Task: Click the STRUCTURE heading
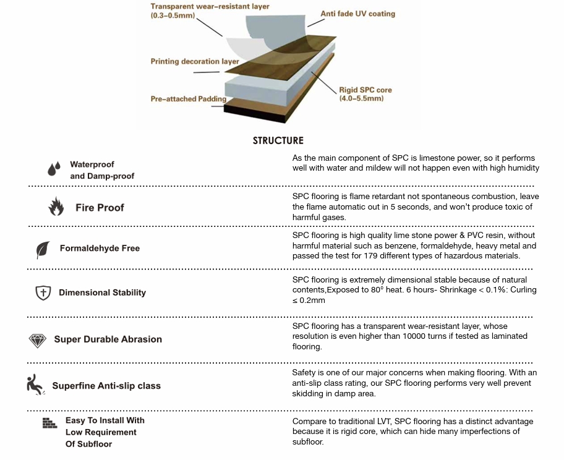click(x=278, y=141)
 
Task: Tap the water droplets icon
click(x=54, y=168)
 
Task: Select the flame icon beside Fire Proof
click(x=56, y=207)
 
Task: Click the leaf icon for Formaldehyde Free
click(x=43, y=249)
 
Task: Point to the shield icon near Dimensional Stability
click(x=43, y=292)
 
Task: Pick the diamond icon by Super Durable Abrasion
click(x=38, y=340)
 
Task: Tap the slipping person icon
click(x=35, y=384)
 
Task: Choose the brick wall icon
click(x=49, y=423)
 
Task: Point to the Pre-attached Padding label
click(x=189, y=99)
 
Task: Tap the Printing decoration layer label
click(x=195, y=62)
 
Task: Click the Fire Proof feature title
click(x=100, y=208)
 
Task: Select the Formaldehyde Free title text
click(x=100, y=249)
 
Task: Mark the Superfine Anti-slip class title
click(x=106, y=386)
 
